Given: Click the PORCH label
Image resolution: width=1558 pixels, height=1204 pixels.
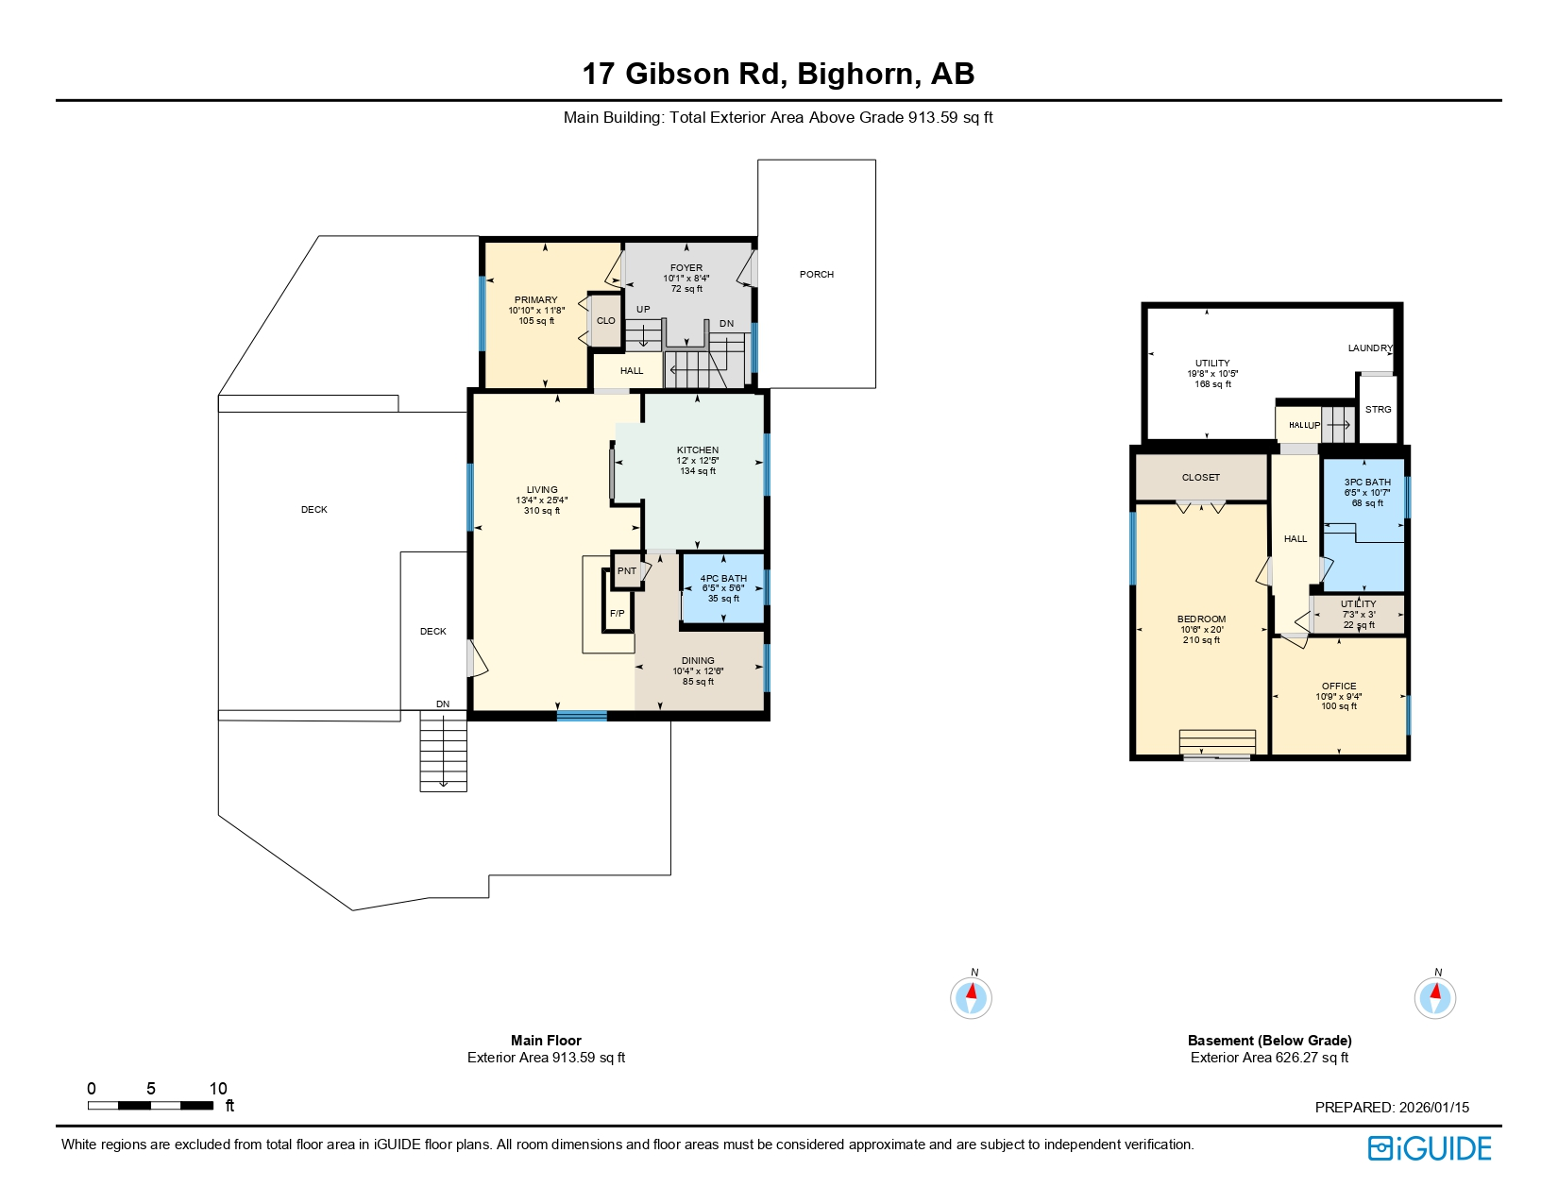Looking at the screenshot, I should point(816,275).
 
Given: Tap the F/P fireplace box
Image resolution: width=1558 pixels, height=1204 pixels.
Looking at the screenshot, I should point(618,613).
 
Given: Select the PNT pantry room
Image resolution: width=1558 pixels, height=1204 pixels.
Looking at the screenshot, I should point(627,571).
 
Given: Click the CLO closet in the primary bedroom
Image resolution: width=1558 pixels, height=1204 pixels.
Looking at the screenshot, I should point(605,321).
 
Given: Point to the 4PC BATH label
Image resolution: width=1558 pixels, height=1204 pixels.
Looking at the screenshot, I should point(723,579).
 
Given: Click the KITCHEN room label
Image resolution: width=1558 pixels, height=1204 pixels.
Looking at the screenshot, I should point(698,450).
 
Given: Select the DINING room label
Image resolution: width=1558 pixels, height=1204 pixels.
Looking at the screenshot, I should point(698,661).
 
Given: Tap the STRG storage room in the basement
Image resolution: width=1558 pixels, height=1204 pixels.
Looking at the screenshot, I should point(1378,410).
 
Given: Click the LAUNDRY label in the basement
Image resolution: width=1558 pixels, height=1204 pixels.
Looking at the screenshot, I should point(1369,348).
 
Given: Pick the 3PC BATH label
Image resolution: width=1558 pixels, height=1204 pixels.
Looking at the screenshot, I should point(1367,483).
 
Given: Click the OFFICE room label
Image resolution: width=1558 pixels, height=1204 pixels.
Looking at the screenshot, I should point(1339,687).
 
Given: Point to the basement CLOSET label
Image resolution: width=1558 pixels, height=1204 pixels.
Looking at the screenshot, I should point(1201,478).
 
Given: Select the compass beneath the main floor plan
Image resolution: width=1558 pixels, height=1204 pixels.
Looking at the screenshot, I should point(971,997).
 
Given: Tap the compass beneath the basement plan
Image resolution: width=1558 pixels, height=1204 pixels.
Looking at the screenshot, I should point(1434,997).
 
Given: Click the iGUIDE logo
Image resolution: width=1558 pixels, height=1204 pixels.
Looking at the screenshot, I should point(1430,1148).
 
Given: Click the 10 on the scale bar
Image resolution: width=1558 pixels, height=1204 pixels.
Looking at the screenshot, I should point(218,1089).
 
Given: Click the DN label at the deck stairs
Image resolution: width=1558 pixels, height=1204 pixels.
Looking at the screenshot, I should point(443,704).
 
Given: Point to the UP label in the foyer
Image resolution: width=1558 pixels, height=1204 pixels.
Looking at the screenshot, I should point(643,310).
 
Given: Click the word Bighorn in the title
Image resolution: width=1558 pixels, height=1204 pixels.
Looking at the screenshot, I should point(858,74).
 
